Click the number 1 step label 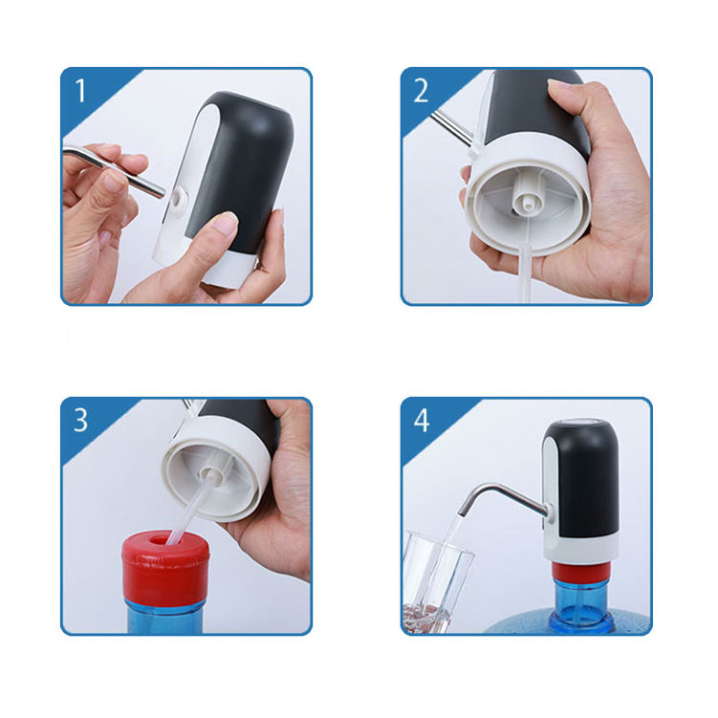(x=80, y=91)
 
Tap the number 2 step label (x=421, y=91)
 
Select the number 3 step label (x=80, y=420)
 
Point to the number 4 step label (x=422, y=421)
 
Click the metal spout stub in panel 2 (x=451, y=127)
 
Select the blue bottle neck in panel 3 (x=164, y=616)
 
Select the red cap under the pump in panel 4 (x=580, y=570)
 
